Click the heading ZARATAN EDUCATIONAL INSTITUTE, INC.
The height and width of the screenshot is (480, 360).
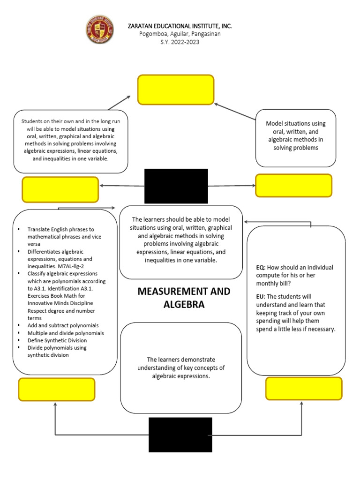(180, 26)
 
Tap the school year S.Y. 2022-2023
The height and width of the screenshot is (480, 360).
(180, 42)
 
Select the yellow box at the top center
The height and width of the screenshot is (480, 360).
(176, 90)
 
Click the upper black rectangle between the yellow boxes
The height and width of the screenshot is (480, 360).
(176, 186)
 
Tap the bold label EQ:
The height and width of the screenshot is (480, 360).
(261, 267)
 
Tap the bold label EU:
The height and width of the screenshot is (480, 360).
(261, 296)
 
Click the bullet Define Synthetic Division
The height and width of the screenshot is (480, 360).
(57, 340)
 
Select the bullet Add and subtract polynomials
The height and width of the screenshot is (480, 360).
(63, 325)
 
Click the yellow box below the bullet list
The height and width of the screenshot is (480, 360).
(57, 390)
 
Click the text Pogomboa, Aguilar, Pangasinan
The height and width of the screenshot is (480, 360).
(180, 34)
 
